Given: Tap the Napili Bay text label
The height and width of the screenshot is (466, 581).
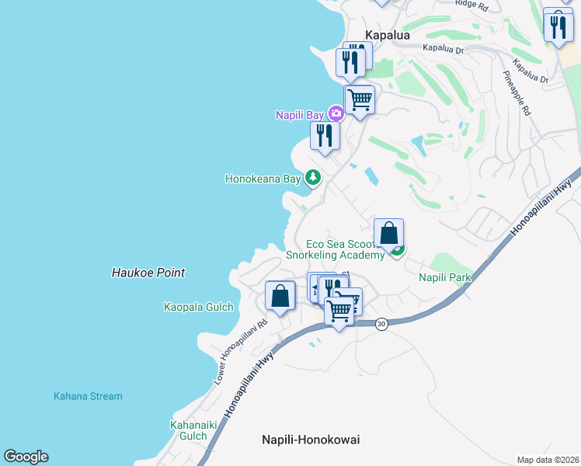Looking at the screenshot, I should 299,115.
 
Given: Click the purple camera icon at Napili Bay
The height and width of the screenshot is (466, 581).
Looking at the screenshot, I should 336,114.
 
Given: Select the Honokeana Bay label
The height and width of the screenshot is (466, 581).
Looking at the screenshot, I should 263,179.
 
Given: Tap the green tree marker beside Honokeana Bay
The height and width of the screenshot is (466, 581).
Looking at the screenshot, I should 313,178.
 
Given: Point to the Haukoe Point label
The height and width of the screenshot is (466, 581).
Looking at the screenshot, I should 148,273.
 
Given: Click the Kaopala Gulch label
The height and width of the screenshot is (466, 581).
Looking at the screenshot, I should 199,307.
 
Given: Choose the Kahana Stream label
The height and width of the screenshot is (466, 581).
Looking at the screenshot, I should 88,396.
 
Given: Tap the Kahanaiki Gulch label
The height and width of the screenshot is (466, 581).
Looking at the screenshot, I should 189,430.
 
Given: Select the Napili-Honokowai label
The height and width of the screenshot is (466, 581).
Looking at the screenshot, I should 310,440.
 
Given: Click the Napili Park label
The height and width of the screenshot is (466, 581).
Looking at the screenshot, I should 445,277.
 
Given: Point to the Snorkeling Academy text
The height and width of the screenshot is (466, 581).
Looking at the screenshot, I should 335,255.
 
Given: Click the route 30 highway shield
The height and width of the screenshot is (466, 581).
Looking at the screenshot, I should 381,324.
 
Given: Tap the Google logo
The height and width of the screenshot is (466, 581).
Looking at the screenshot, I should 26,457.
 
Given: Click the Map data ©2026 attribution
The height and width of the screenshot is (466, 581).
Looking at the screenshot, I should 547,460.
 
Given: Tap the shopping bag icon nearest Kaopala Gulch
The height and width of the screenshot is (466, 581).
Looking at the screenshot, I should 280,296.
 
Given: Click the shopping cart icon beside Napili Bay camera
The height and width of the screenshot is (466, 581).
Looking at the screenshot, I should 359,99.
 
